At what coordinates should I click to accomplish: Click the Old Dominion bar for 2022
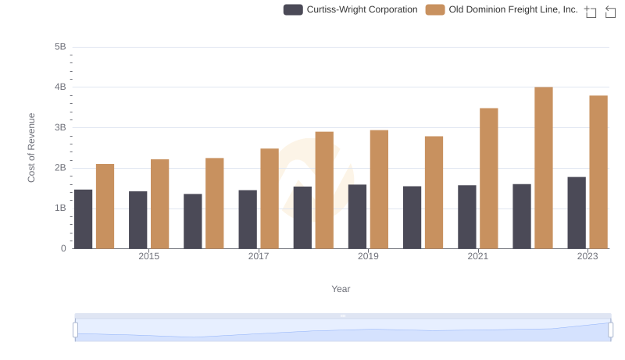[544, 168]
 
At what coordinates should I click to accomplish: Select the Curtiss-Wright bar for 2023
[577, 212]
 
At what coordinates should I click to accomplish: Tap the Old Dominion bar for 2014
[105, 206]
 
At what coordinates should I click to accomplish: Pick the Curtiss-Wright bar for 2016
[193, 221]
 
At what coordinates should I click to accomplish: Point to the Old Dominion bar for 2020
[434, 192]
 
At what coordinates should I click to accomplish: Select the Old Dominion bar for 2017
[270, 198]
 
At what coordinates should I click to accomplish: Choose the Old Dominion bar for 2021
[489, 178]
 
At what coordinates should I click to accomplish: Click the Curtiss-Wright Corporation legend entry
[351, 10]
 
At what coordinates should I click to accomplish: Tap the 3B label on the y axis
[60, 127]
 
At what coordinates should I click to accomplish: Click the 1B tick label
[60, 209]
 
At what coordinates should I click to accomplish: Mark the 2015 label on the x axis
[149, 257]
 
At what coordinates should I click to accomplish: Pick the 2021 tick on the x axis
[478, 257]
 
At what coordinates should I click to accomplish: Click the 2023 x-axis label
[587, 257]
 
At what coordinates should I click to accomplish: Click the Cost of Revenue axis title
[32, 148]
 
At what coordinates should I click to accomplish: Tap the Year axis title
[341, 289]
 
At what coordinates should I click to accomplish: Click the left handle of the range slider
[76, 330]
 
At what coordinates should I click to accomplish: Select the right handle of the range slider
[610, 330]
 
